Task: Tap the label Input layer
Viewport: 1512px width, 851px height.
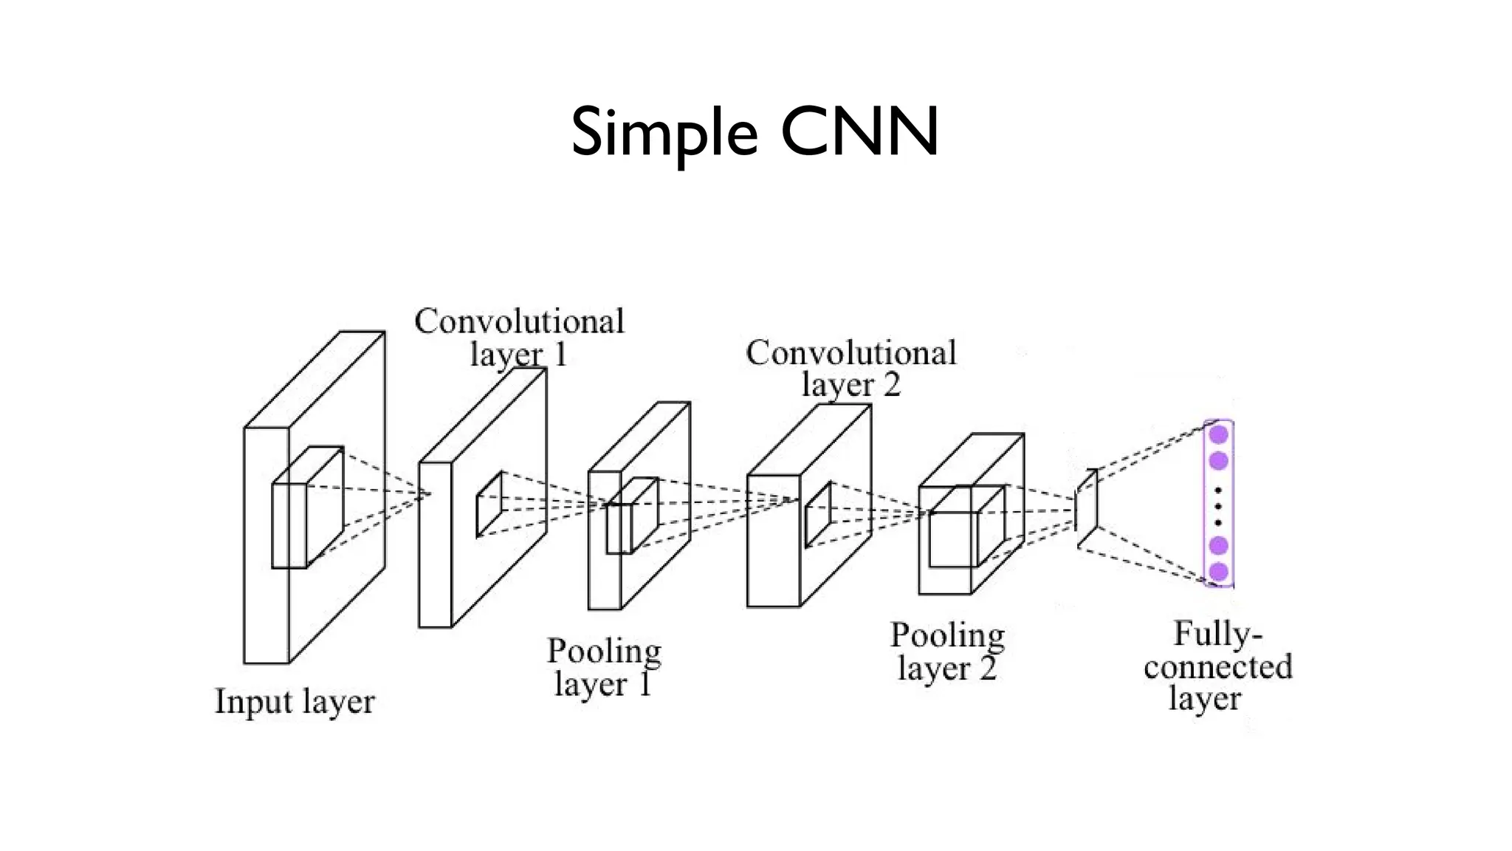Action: pos(295,701)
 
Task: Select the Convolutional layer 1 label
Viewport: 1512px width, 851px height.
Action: pos(519,338)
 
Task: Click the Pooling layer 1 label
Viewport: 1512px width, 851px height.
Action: pos(603,667)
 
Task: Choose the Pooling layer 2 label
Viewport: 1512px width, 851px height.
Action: pos(947,652)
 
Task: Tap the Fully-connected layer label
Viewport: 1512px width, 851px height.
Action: pos(1217,666)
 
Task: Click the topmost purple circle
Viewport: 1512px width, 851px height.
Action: pos(1218,434)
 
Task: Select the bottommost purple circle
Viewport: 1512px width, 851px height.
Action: pos(1218,571)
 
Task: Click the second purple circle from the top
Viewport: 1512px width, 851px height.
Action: pos(1218,460)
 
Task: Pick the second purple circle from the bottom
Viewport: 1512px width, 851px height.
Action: pos(1218,546)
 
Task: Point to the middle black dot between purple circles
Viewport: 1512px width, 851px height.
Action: pos(1218,506)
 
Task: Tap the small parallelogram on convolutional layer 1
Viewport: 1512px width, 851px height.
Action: pos(489,504)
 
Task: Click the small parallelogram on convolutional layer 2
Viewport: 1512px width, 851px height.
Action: pos(818,515)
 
